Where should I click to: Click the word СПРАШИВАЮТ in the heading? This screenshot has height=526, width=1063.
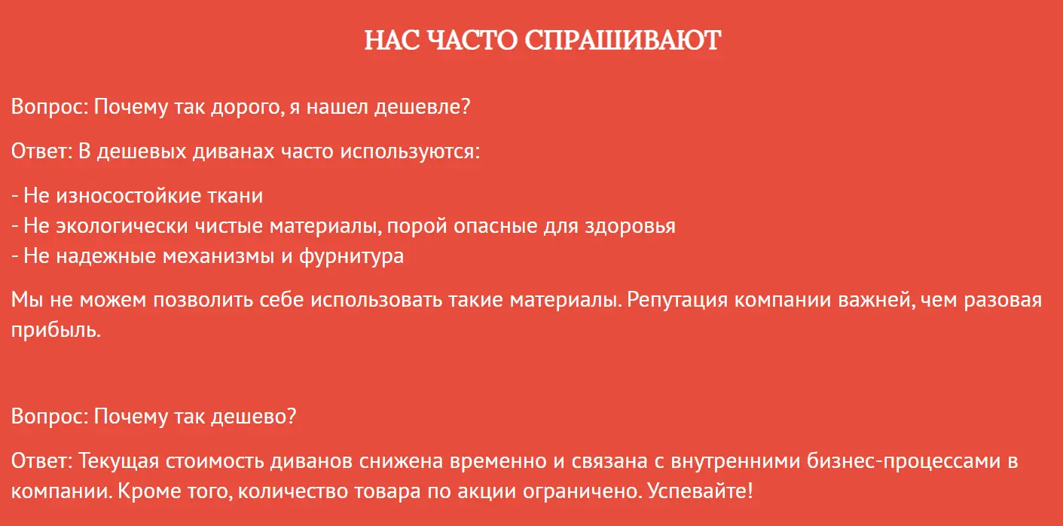pyautogui.click(x=622, y=40)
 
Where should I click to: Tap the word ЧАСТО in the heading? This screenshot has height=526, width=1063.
pyautogui.click(x=472, y=40)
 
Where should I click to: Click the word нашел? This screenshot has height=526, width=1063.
pyautogui.click(x=337, y=107)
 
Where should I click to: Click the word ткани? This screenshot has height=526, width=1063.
pyautogui.click(x=235, y=197)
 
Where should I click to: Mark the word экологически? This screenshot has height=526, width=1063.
pyautogui.click(x=122, y=226)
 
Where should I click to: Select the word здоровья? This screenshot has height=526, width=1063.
pyautogui.click(x=630, y=226)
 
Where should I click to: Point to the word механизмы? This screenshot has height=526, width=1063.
pyautogui.click(x=218, y=256)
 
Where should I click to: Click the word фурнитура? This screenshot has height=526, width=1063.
pyautogui.click(x=351, y=256)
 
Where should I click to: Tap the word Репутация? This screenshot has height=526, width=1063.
pyautogui.click(x=677, y=301)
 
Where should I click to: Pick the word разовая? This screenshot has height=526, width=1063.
pyautogui.click(x=1003, y=301)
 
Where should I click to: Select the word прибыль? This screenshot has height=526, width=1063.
pyautogui.click(x=56, y=330)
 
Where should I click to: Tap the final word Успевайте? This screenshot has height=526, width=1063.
pyautogui.click(x=700, y=491)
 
